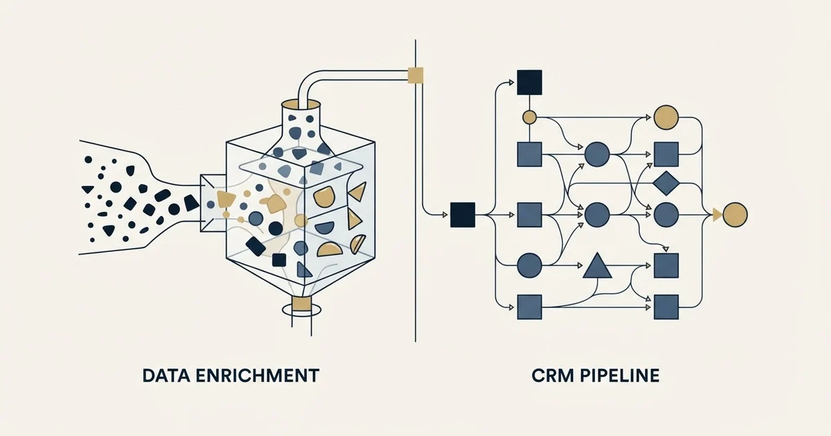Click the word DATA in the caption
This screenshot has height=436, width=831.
coord(166,376)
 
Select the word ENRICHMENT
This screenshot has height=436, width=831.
coord(257,376)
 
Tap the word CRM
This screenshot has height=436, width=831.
coord(553,376)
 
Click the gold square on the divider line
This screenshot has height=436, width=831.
coord(415,75)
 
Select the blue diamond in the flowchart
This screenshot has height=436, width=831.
coord(666,183)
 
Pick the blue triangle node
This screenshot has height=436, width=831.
coord(597,266)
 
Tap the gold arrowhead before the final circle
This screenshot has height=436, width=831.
coord(717,215)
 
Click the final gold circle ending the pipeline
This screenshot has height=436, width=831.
coord(735,215)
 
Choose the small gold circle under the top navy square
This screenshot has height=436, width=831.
coord(529,117)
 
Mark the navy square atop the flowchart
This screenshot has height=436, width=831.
coord(529,82)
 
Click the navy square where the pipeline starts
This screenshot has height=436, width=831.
coord(463,215)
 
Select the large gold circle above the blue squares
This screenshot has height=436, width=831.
coord(666,117)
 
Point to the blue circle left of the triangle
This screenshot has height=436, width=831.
coord(529,266)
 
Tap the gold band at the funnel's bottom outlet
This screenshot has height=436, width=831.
coord(301,304)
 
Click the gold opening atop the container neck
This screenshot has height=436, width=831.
coord(301,105)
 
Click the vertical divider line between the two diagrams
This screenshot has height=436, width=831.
coord(415,190)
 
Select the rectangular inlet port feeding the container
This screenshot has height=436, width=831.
coord(213,203)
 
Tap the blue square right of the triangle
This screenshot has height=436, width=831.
coord(666,266)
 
